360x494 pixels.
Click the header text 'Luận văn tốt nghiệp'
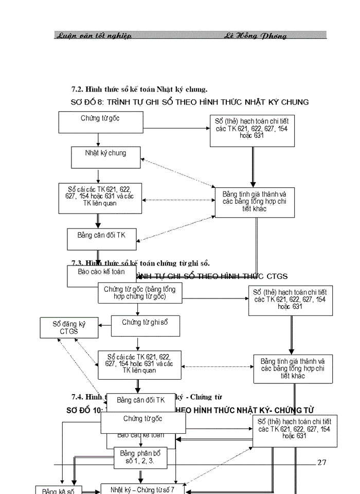pos(93,36)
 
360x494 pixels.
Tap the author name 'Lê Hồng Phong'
pos(255,36)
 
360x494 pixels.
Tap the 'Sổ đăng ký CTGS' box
pos(69,328)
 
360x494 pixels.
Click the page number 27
pos(322,462)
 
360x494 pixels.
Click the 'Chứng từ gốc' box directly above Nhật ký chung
pos(100,122)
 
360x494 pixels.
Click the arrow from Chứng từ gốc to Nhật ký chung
pos(98,140)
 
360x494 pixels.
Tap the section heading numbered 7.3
pos(140,263)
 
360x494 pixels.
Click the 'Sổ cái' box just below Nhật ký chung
pos(100,198)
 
